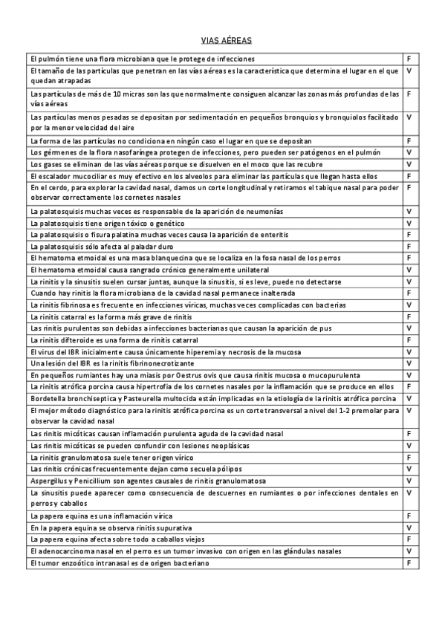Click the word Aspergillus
click(x=50, y=480)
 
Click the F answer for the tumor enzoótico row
click(x=409, y=562)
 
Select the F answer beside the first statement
click(x=409, y=58)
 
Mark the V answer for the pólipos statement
click(x=409, y=468)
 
